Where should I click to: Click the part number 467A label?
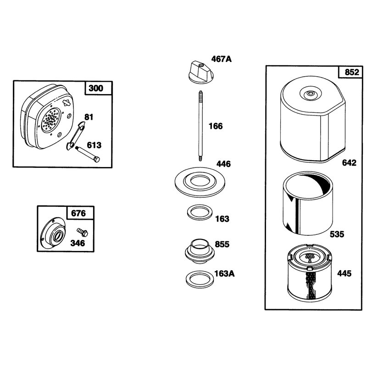[221, 59]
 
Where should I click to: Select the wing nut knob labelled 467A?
[201, 72]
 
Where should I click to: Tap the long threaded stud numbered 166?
[200, 126]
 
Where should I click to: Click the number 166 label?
[216, 126]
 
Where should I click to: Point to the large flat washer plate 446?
[200, 182]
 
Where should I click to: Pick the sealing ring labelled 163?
[200, 212]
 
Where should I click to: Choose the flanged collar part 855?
[200, 251]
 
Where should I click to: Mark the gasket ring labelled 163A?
[200, 279]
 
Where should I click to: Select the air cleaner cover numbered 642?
[313, 119]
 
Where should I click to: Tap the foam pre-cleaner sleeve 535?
[308, 203]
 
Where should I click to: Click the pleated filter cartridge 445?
[310, 273]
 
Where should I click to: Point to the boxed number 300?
[96, 88]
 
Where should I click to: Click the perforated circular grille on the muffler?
[51, 119]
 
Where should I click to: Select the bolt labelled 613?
[87, 154]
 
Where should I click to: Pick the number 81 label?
[89, 117]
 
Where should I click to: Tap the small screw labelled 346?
[83, 232]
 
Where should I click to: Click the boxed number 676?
[78, 213]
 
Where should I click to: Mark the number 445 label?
[345, 273]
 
